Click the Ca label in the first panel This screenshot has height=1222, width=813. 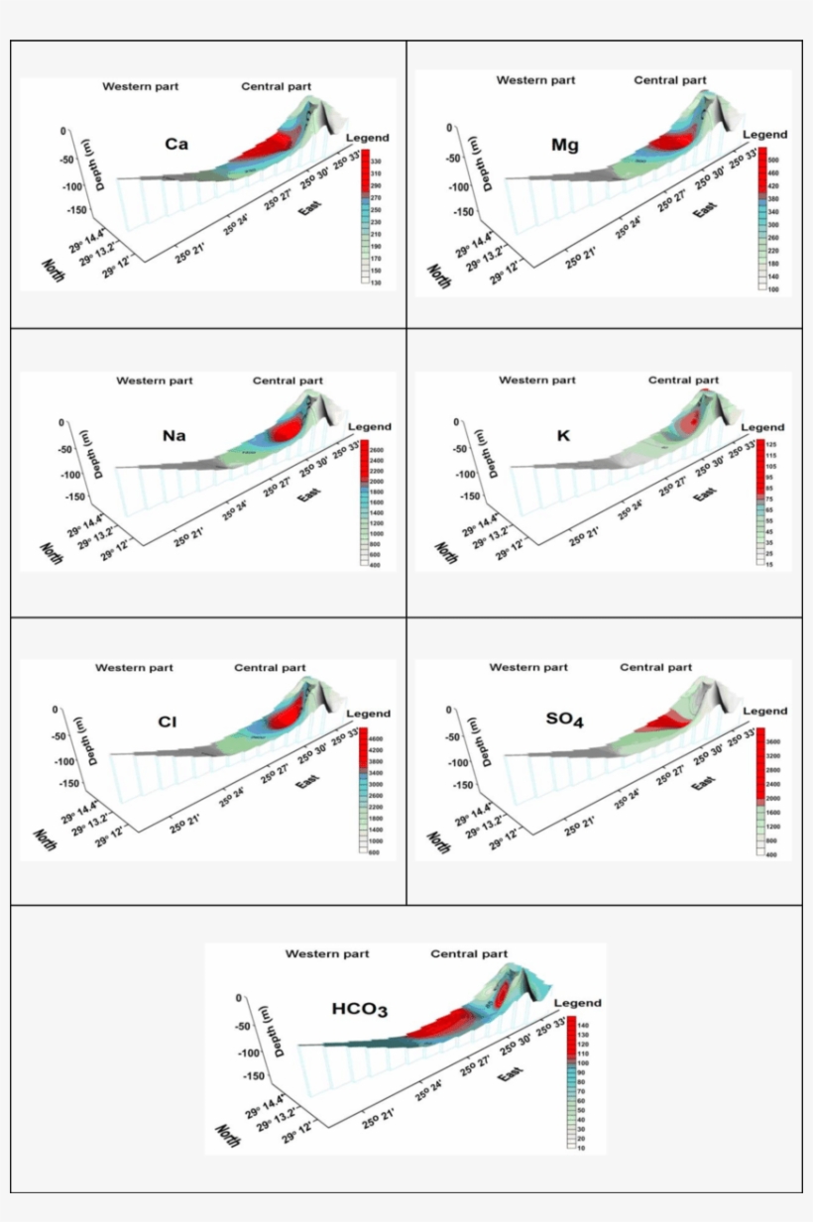(x=177, y=145)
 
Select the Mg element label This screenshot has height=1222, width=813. (x=565, y=146)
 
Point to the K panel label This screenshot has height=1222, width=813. (x=564, y=434)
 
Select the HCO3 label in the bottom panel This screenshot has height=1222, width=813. (x=359, y=1010)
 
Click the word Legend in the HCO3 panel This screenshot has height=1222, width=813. (x=577, y=1003)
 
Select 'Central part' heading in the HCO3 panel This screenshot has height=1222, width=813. (x=469, y=954)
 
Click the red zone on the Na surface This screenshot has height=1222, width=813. (x=288, y=430)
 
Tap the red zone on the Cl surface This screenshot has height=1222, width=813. (x=288, y=715)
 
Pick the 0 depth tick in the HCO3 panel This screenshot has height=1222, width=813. (x=238, y=998)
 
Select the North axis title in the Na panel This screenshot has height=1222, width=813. (x=53, y=553)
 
